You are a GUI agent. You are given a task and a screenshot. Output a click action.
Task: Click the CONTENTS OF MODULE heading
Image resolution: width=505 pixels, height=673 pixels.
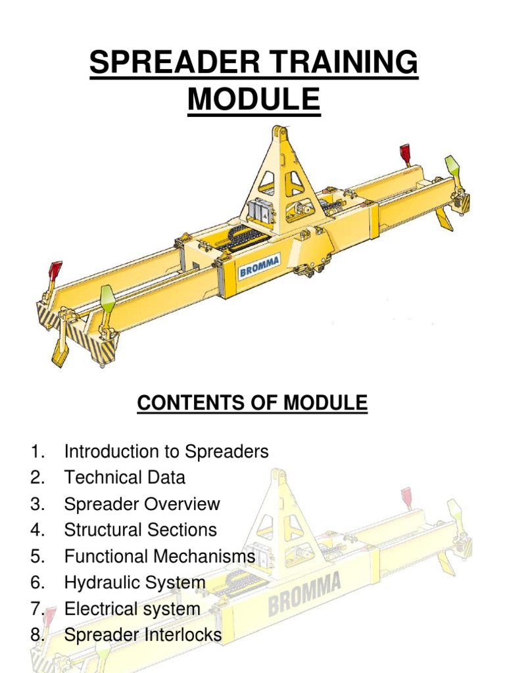pyautogui.click(x=252, y=403)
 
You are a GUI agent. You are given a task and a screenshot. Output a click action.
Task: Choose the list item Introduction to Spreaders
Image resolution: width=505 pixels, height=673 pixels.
pyautogui.click(x=166, y=452)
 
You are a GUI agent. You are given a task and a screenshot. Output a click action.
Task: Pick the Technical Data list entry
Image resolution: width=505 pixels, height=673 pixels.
pyautogui.click(x=125, y=478)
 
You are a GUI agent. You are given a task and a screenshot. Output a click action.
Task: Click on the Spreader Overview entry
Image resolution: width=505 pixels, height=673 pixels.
pyautogui.click(x=142, y=504)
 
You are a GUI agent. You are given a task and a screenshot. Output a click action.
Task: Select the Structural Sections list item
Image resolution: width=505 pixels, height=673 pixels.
pyautogui.click(x=140, y=530)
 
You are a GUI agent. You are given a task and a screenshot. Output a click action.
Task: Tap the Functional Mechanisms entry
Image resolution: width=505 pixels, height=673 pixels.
pyautogui.click(x=160, y=556)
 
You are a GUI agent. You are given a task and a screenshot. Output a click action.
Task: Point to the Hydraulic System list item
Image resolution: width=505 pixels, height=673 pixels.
pyautogui.click(x=135, y=582)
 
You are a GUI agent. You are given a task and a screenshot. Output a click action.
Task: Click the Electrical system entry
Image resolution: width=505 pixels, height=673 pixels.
pyautogui.click(x=132, y=609)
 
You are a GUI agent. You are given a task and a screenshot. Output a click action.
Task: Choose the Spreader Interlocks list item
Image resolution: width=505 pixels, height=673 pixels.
pyautogui.click(x=143, y=635)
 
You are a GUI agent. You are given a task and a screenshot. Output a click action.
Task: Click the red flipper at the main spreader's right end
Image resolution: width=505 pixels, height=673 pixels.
pyautogui.click(x=405, y=155)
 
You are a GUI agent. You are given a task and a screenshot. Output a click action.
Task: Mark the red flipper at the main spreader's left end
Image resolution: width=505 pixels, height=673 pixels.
pyautogui.click(x=55, y=271)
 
